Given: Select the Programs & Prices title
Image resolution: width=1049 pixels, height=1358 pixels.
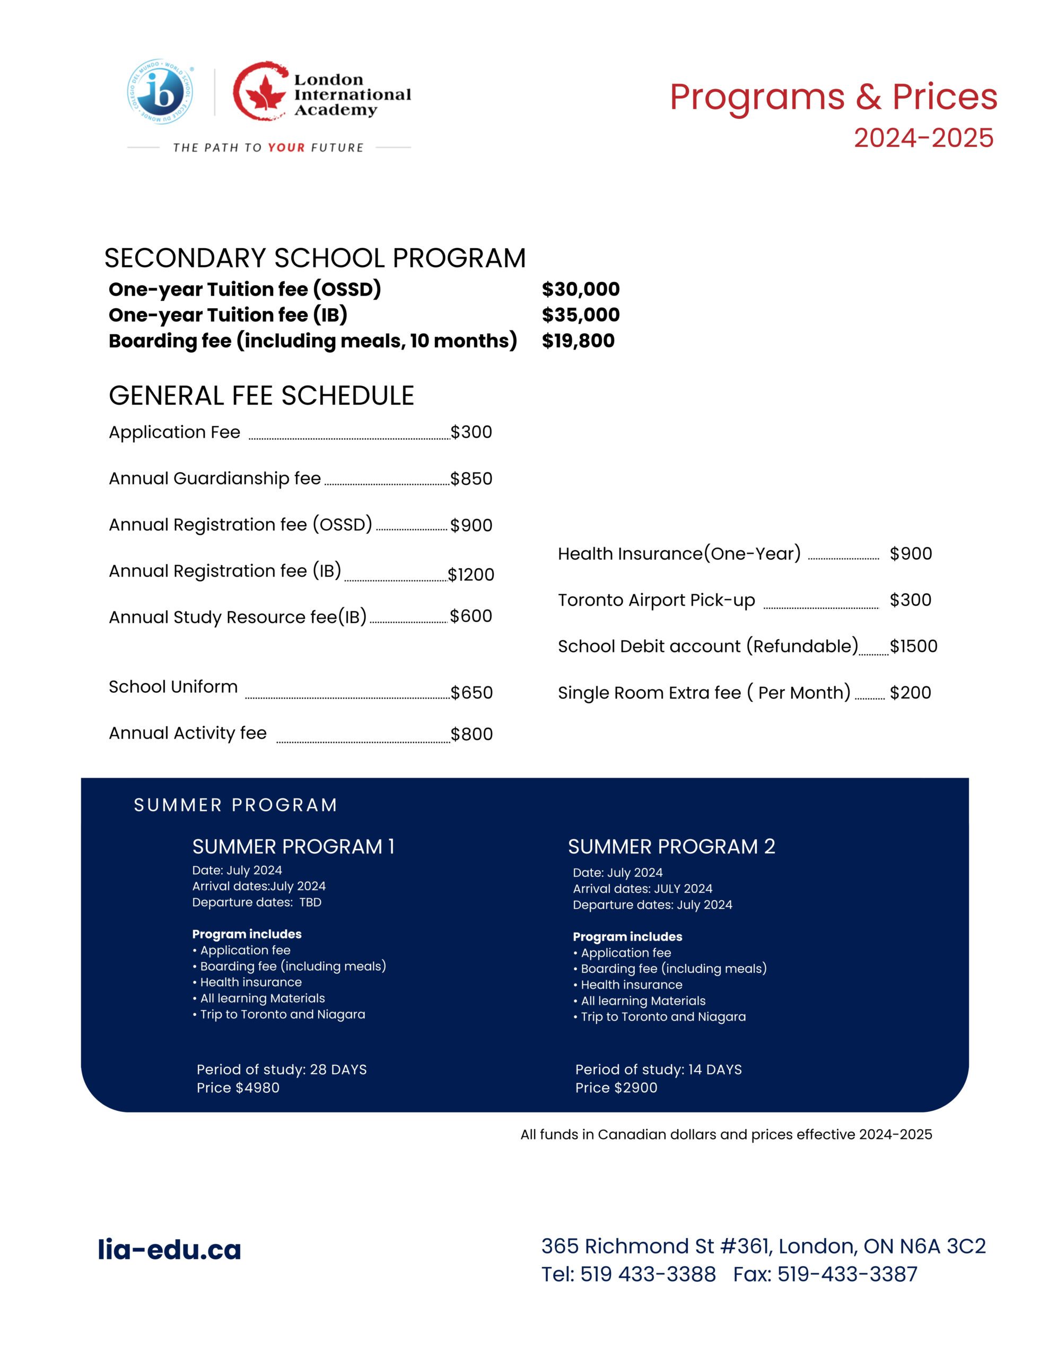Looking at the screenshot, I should point(833,98).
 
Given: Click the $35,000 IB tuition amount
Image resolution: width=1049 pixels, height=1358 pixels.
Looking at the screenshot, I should point(580,315).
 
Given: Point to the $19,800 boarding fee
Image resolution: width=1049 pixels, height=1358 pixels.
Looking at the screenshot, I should point(578,341).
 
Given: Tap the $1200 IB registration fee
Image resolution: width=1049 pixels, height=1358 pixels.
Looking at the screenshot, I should point(471,574).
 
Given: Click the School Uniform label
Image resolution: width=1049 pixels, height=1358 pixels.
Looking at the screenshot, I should point(173,687).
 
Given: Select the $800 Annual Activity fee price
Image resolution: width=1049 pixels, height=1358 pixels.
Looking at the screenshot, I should point(471,734).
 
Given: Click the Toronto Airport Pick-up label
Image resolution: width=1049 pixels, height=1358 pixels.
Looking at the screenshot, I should point(656,600).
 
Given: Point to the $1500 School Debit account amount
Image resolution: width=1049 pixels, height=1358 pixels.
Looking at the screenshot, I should point(913,647).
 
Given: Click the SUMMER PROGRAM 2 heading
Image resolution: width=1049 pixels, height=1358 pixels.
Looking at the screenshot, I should point(671,847).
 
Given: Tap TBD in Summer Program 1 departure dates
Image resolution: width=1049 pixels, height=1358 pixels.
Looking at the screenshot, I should point(310,903).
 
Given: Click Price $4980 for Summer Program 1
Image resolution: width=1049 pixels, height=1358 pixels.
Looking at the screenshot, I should point(238,1088).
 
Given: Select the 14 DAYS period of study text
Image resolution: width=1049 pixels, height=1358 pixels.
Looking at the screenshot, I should point(714,1070).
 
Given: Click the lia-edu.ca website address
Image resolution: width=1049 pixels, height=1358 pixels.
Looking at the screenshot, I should point(169,1250).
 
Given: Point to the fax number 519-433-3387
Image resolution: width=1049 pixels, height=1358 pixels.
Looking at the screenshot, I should point(847,1275).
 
